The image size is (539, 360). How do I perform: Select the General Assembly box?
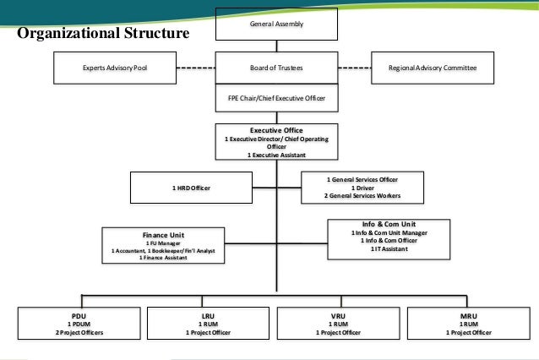[x=276, y=25]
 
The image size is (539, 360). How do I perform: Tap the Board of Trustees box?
[x=276, y=67]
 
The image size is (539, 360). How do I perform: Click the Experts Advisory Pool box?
[x=114, y=67]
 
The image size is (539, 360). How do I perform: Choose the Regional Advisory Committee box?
[x=432, y=67]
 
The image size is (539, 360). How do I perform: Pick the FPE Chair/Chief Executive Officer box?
[x=276, y=99]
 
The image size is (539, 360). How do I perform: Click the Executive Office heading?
[x=276, y=131]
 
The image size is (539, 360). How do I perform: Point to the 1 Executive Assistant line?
[x=276, y=155]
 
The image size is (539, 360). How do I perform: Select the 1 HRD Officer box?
[x=191, y=187]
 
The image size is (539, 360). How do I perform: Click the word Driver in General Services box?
[x=366, y=188]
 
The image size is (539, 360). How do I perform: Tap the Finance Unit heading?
[x=164, y=234]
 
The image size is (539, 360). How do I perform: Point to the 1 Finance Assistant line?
[x=164, y=258]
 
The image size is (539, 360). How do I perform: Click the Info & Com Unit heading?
[x=384, y=224]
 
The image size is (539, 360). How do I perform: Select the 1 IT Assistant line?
[x=384, y=248]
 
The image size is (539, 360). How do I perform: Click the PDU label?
[x=79, y=315]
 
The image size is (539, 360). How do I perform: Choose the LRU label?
[x=208, y=315]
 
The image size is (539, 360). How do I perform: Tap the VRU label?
[x=338, y=315]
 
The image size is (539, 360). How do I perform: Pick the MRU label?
[x=467, y=315]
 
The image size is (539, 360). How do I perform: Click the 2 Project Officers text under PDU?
[x=79, y=332]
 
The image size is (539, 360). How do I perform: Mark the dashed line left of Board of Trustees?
[x=195, y=67]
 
